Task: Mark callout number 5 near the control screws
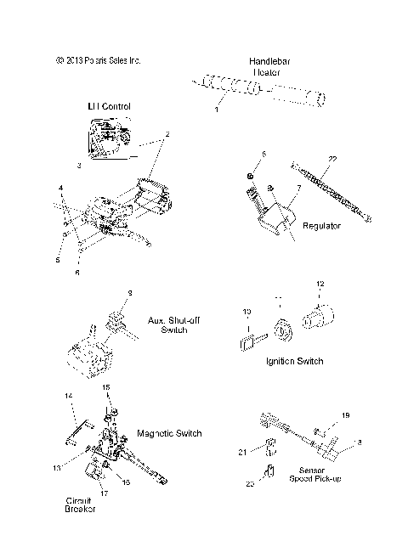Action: pyautogui.click(x=59, y=261)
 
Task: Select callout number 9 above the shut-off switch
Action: pyautogui.click(x=129, y=293)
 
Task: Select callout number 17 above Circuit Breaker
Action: pyautogui.click(x=104, y=493)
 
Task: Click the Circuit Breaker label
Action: pyautogui.click(x=79, y=504)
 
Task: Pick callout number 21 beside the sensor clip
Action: pyautogui.click(x=241, y=453)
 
